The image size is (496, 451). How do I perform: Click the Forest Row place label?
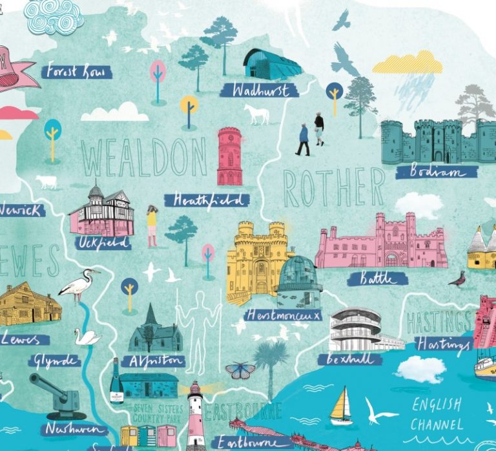tap(76, 71)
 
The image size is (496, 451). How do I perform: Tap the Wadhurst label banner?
tap(259, 90)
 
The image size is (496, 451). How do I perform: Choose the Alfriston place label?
tap(154, 361)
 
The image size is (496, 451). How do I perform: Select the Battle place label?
tap(377, 278)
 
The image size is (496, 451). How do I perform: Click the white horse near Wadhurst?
tap(256, 114)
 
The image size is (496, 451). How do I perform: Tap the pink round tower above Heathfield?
tap(229, 156)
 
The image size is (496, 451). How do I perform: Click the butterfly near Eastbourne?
tap(240, 371)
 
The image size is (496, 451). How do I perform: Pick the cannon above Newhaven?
tap(58, 392)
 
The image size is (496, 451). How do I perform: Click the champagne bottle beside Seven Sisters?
tap(116, 382)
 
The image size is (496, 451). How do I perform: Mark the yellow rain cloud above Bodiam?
tap(407, 63)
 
